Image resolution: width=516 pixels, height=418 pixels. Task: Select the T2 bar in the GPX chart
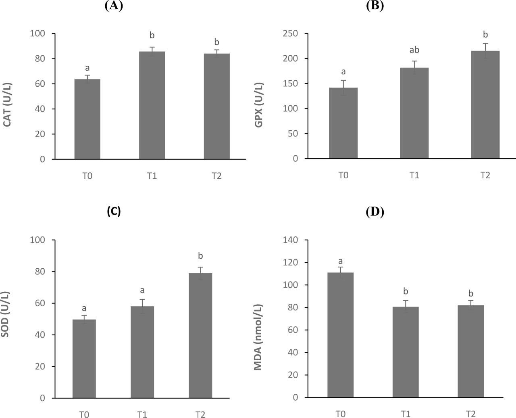click(x=485, y=104)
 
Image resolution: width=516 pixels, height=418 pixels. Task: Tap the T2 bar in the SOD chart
click(x=200, y=335)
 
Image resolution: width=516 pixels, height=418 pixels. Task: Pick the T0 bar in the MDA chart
click(x=340, y=335)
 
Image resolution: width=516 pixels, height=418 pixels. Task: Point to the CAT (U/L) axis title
click(x=8, y=104)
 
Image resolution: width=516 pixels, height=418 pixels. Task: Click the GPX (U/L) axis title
click(x=259, y=104)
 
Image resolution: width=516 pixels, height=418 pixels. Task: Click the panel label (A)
click(x=113, y=6)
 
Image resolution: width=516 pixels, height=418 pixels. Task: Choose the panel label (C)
click(x=114, y=211)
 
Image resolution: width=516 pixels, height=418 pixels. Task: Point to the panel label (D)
click(x=375, y=211)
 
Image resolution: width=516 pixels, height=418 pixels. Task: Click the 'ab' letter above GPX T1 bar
click(x=414, y=50)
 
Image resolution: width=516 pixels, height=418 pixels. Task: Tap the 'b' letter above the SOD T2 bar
click(x=200, y=256)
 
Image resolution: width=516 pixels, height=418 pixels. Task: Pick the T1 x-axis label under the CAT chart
click(x=152, y=176)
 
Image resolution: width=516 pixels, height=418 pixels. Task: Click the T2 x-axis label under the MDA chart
click(x=470, y=414)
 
